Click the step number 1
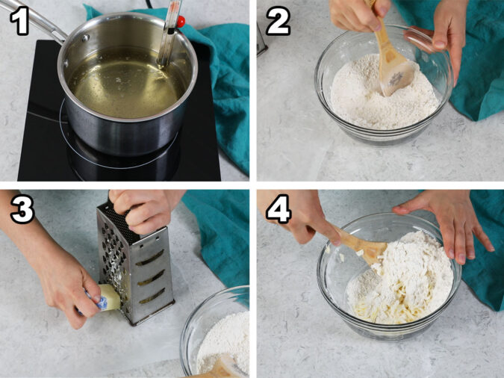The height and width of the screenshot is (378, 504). [19, 21]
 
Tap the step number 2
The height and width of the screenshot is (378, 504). [279, 21]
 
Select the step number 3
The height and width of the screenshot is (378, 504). [22, 209]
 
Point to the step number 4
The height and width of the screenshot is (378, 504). [279, 208]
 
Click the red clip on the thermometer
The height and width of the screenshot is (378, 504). [181, 21]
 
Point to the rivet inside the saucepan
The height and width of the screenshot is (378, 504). [85, 37]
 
